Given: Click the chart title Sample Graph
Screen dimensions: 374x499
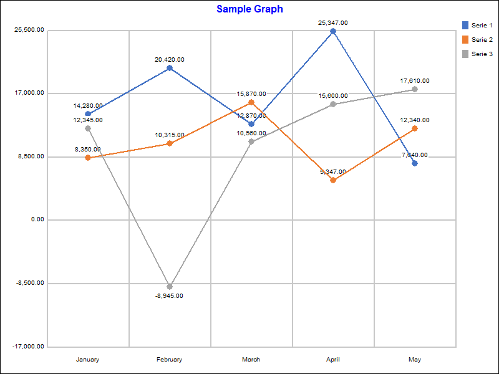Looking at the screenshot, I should (x=249, y=9).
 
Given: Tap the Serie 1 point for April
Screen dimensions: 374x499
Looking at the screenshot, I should (x=333, y=31).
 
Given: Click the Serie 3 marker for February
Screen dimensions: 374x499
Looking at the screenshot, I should (x=170, y=287).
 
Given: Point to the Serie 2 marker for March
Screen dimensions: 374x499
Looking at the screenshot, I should (x=251, y=102).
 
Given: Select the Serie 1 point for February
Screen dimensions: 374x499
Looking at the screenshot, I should (x=170, y=68).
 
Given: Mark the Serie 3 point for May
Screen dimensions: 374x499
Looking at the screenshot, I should (x=415, y=89).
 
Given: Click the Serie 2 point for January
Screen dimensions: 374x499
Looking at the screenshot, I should (x=88, y=158).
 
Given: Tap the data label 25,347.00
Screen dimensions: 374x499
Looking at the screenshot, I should (x=333, y=23).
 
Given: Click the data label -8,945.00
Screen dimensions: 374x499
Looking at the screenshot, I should (x=170, y=296).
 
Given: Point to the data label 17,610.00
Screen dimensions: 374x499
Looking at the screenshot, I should (x=415, y=81).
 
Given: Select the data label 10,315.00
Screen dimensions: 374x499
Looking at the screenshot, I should (x=170, y=135).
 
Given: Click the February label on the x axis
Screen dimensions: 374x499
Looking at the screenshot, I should (x=170, y=360).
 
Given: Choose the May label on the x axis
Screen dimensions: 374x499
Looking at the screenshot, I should (x=415, y=360).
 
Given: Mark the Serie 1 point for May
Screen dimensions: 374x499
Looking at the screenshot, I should (x=415, y=163).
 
